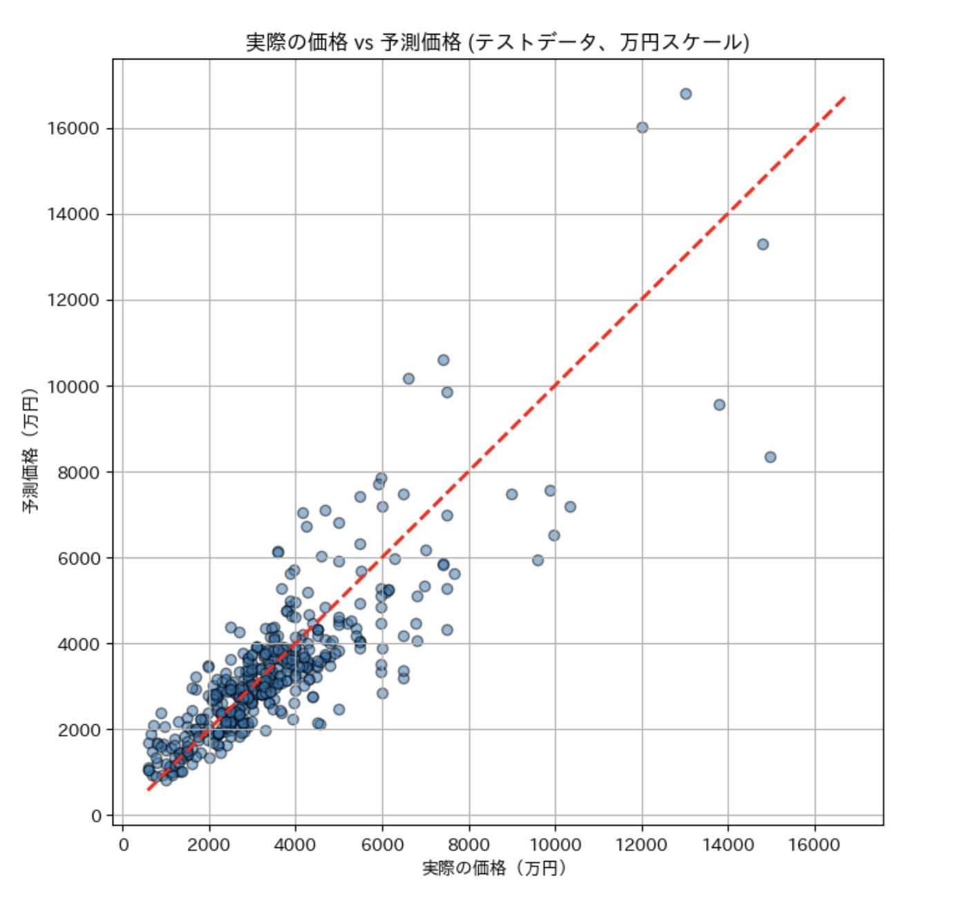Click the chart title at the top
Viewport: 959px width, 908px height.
497,43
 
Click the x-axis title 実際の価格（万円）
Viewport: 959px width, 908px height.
495,868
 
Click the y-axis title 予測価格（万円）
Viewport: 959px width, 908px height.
30,449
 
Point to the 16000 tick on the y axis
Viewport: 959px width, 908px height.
73,129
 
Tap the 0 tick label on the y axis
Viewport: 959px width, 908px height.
96,816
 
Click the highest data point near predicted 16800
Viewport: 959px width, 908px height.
685,94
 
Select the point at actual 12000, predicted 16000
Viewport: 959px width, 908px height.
642,128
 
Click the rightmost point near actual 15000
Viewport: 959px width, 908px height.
770,457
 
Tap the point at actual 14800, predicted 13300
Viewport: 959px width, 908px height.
763,245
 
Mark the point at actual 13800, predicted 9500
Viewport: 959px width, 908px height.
719,405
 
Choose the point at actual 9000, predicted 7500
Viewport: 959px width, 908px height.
512,495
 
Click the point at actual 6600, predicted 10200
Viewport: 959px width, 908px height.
408,379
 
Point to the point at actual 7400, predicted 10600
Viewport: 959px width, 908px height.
444,360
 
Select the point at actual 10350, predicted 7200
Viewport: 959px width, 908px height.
570,507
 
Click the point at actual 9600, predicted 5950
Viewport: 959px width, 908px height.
538,560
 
